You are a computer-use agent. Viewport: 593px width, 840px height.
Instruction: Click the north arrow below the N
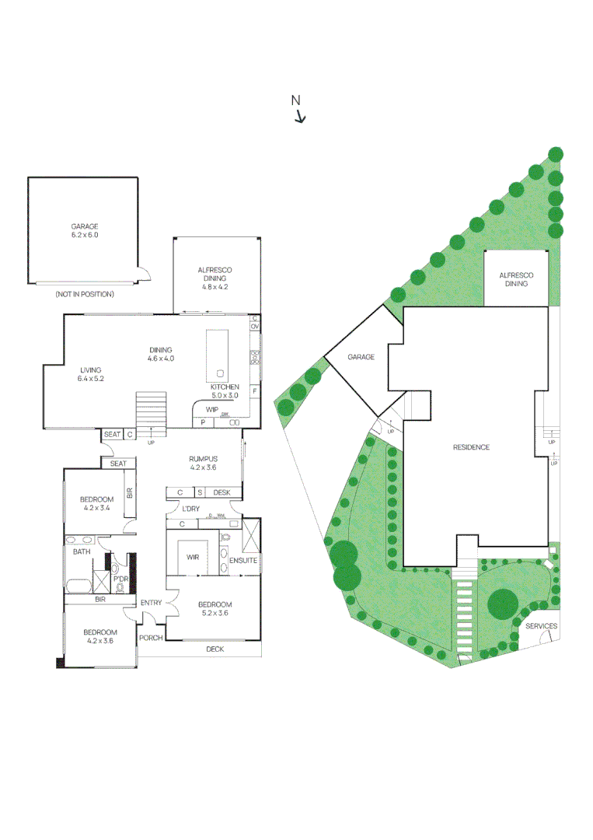(300, 117)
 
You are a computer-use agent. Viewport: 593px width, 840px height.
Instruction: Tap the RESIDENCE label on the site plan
(471, 447)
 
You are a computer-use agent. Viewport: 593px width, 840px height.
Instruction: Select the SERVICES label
(541, 626)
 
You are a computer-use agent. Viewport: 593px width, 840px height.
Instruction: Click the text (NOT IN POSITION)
(85, 294)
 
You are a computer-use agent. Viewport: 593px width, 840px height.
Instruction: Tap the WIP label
(212, 409)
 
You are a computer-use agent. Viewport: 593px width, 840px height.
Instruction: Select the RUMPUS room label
(203, 459)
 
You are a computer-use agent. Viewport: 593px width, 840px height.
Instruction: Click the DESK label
(222, 492)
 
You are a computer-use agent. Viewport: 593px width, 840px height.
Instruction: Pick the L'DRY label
(191, 509)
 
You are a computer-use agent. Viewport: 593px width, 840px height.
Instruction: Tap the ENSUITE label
(242, 560)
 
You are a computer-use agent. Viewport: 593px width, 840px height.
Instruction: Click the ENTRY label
(151, 603)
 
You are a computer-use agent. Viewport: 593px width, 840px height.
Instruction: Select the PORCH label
(151, 638)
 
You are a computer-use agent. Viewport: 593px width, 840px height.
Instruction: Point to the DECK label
(215, 649)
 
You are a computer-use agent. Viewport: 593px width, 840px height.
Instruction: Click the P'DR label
(120, 579)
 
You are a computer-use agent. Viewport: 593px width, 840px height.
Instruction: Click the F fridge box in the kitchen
(254, 390)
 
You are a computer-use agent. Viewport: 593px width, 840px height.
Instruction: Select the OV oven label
(254, 327)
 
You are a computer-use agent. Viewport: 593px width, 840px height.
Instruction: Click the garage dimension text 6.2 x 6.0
(85, 234)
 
